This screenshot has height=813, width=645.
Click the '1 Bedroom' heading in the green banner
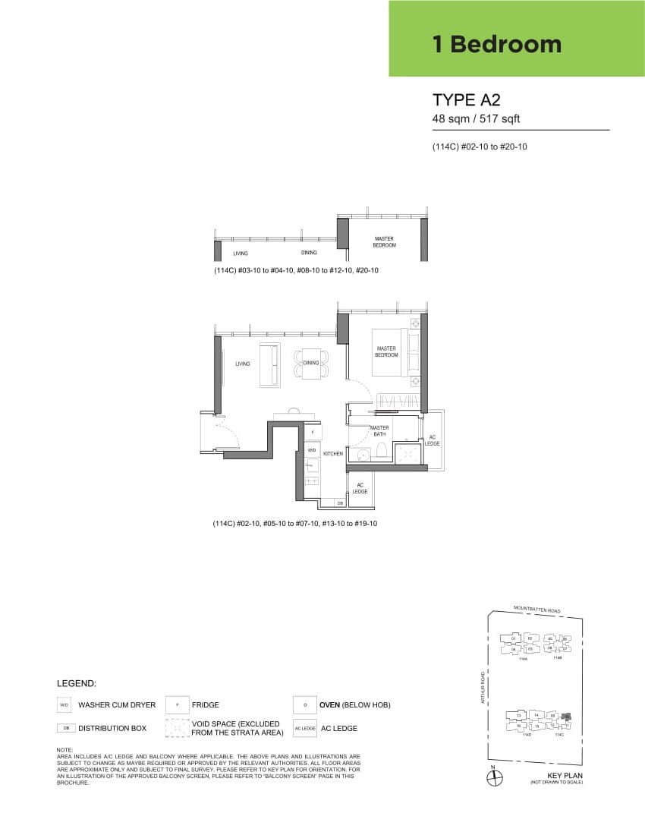pos(497,44)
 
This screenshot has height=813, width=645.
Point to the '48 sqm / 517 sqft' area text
pos(476,119)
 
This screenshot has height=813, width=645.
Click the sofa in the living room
pos(269,364)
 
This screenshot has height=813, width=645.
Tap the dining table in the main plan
pos(311,364)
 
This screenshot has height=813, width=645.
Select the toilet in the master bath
pos(381,453)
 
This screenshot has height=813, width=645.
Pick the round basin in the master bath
pos(362,455)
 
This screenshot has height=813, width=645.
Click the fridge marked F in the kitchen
pos(312,432)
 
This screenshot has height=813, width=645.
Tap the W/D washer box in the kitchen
pos(312,449)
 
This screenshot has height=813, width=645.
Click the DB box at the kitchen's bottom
pos(339,503)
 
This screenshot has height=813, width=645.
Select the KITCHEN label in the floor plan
pos(333,454)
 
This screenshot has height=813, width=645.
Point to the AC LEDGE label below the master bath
pos(360,488)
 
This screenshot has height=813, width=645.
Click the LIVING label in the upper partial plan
pos(241,254)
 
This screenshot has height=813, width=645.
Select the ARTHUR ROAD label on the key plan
pos(482,687)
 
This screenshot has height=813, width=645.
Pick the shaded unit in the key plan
pos(565,717)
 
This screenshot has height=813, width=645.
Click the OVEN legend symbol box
pos(304,705)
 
